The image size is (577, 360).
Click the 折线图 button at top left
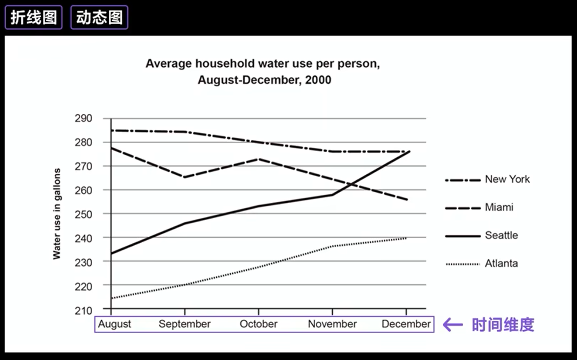click(33, 17)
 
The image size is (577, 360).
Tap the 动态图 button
click(99, 17)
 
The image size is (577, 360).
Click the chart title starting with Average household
click(263, 64)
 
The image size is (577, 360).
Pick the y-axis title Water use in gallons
click(57, 214)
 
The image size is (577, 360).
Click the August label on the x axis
click(114, 324)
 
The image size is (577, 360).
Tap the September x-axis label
click(184, 324)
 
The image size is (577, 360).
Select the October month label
click(258, 324)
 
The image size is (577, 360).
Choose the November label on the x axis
click(332, 324)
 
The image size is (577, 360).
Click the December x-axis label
click(406, 324)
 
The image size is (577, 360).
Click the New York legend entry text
click(507, 179)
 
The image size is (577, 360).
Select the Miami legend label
click(499, 207)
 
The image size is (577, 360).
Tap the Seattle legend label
click(501, 235)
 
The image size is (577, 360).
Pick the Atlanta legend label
click(501, 263)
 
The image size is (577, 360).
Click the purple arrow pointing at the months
click(452, 325)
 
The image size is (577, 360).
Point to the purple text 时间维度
click(503, 325)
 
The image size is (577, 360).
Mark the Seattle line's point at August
click(111, 253)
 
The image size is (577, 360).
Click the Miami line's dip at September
click(184, 177)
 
